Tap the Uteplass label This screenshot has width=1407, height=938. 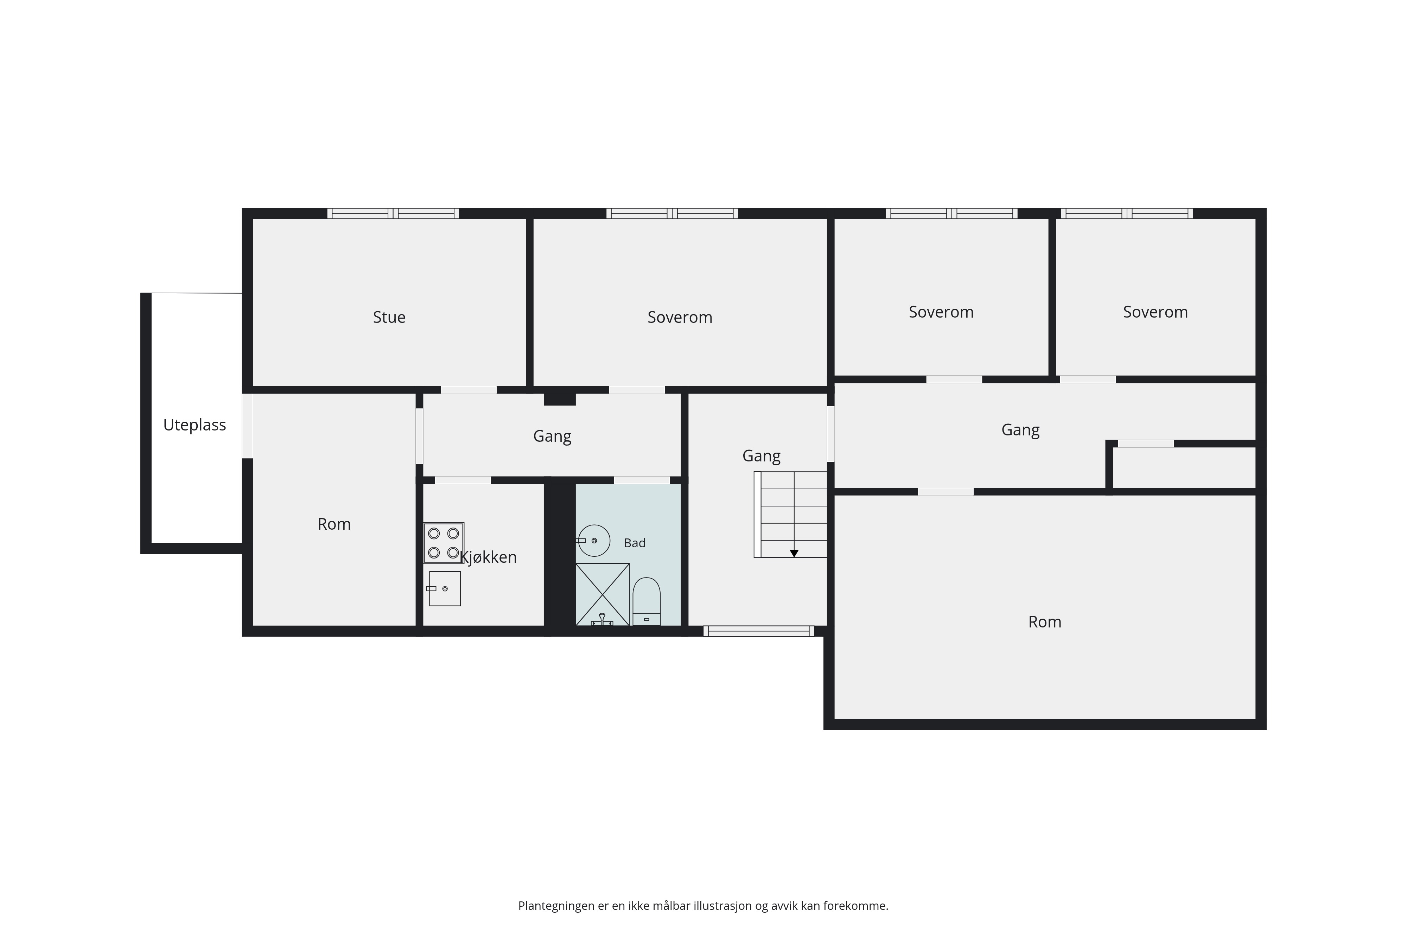(x=195, y=425)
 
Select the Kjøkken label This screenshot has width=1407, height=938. (x=488, y=557)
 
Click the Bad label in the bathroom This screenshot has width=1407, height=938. (x=635, y=543)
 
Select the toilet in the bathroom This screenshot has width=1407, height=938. (x=647, y=601)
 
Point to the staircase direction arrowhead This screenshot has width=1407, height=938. (x=794, y=553)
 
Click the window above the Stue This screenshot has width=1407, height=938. (x=393, y=213)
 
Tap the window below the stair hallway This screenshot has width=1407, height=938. (x=758, y=631)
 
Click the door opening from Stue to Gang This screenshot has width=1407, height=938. (x=469, y=390)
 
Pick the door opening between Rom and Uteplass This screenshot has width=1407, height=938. (x=247, y=426)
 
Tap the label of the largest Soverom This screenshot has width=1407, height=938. (x=680, y=317)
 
